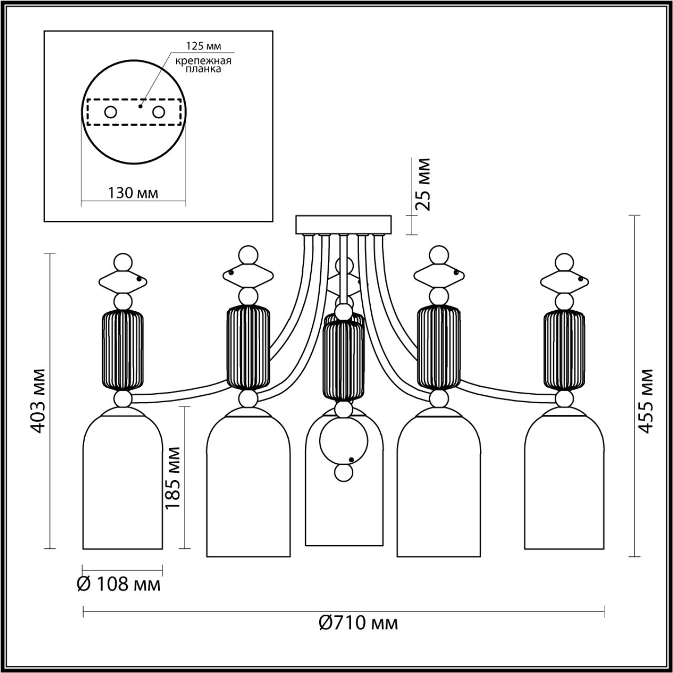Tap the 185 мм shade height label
pos(172,477)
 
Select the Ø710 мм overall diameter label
pos(359,623)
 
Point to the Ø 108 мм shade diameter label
pos(119,584)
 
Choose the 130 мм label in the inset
pos(133,192)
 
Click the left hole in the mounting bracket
pos(110,112)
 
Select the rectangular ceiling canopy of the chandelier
pos(344,224)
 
